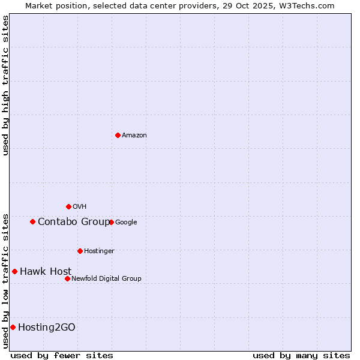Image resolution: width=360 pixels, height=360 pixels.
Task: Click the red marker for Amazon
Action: pos(118,135)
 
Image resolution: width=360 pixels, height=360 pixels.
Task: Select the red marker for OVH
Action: pos(68,206)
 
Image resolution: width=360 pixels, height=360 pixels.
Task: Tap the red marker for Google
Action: pos(111,222)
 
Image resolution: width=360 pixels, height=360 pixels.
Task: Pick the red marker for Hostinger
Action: pos(80,251)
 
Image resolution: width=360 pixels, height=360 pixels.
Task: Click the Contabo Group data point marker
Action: pos(32,221)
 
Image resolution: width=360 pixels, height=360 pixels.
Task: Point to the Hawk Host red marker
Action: pos(14,271)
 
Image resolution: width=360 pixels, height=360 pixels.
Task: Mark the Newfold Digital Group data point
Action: pos(67,278)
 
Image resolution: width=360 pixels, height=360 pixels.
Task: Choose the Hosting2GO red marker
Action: pos(13,327)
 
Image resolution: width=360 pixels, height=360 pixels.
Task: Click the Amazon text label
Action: pos(134,136)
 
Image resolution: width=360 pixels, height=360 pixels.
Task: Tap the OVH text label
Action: pos(80,207)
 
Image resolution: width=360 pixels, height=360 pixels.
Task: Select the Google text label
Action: pos(126,223)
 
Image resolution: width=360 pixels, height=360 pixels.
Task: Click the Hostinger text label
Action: pos(99,251)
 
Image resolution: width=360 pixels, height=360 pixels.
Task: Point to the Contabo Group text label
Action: pos(74,222)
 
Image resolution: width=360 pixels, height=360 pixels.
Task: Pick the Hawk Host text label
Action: pos(46,272)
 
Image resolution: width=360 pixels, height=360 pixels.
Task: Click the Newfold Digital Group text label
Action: pos(106,279)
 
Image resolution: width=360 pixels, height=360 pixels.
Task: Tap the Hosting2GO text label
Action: pos(47,328)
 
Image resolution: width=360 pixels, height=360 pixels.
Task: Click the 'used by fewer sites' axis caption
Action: pos(62,355)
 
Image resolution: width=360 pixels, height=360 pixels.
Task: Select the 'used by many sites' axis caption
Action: pos(301,355)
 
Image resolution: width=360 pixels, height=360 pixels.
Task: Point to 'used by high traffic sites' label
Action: pos(5,85)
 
